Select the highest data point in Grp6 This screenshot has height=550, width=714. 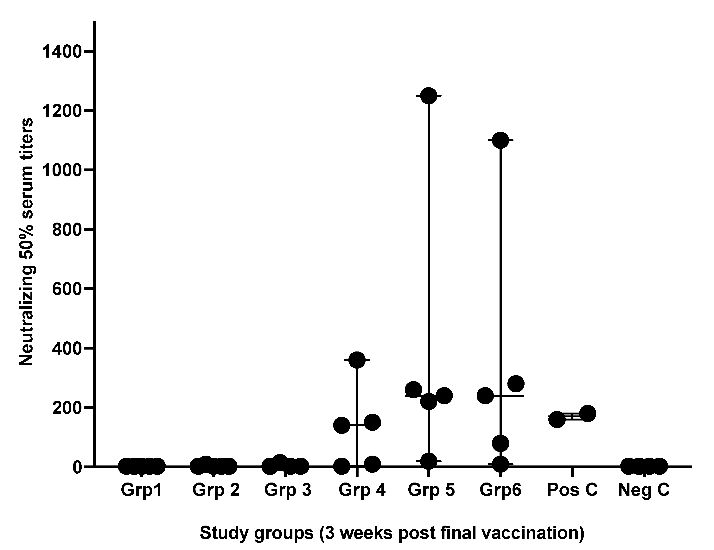(x=500, y=140)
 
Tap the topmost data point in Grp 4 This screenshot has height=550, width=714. (x=357, y=360)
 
